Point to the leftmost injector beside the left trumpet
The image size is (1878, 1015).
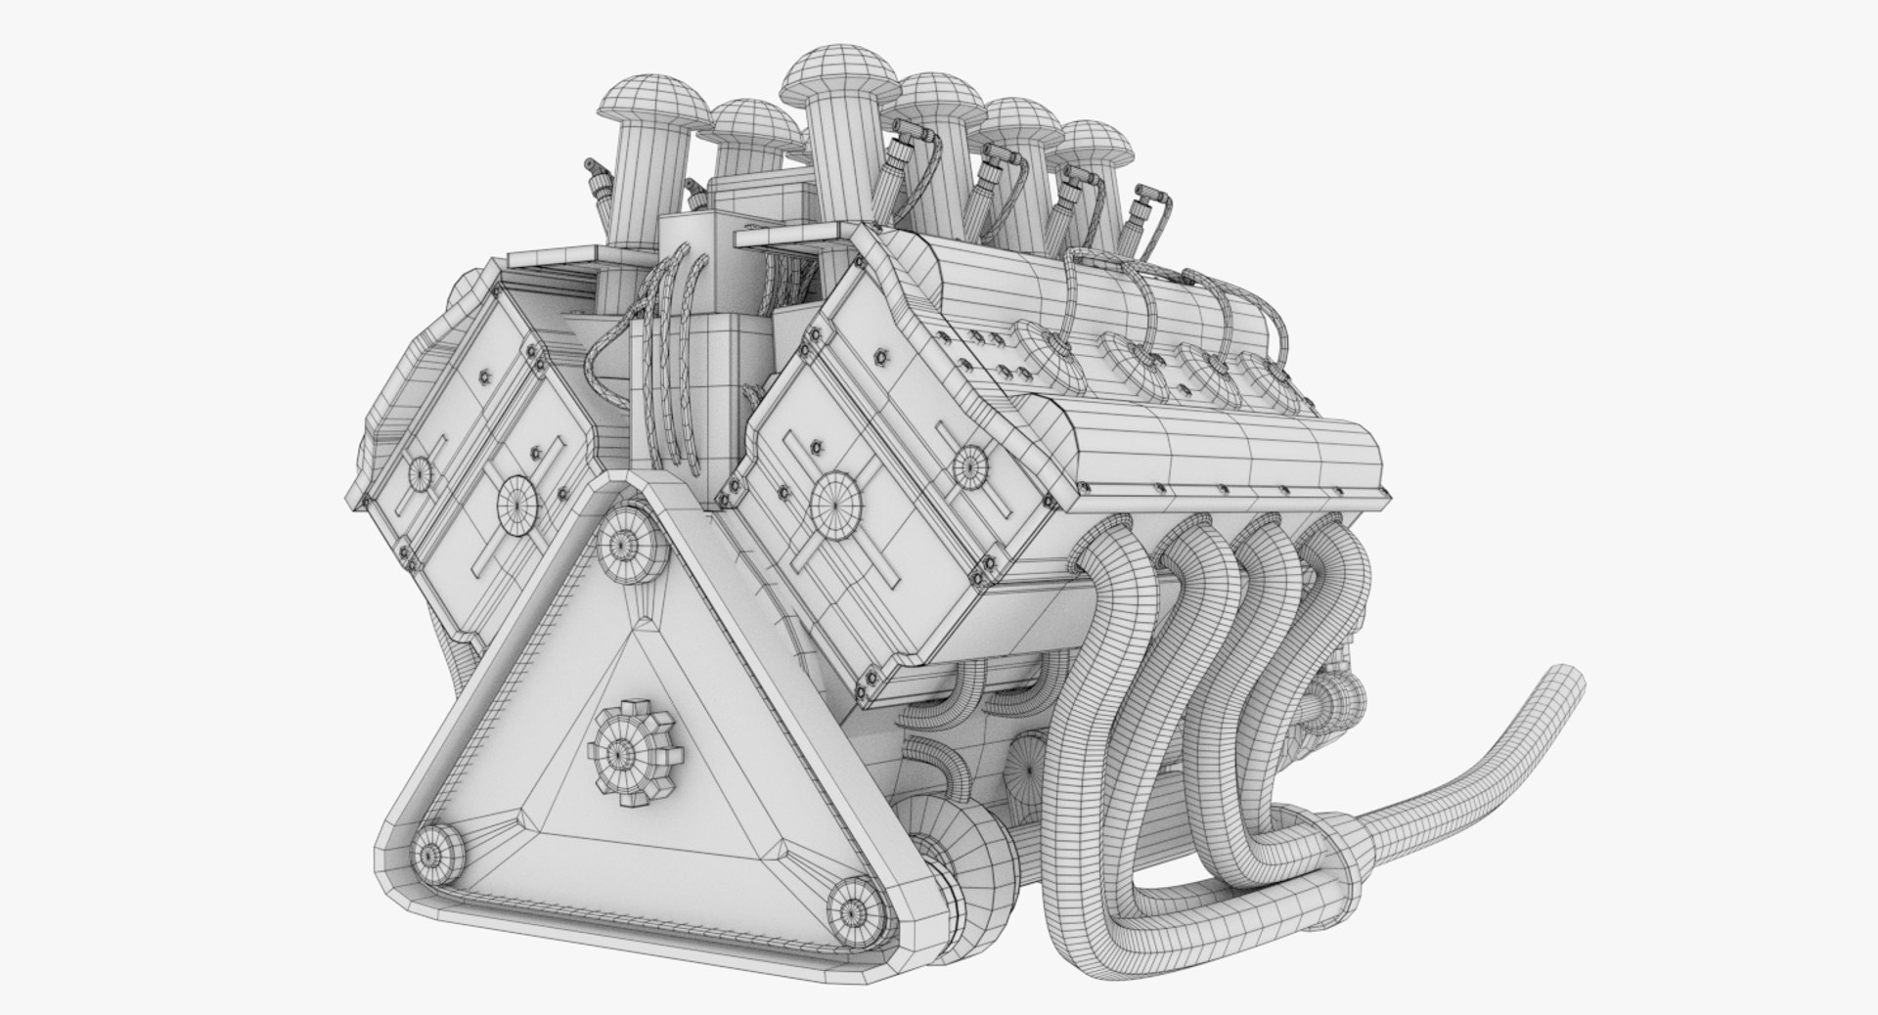coord(597,181)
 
